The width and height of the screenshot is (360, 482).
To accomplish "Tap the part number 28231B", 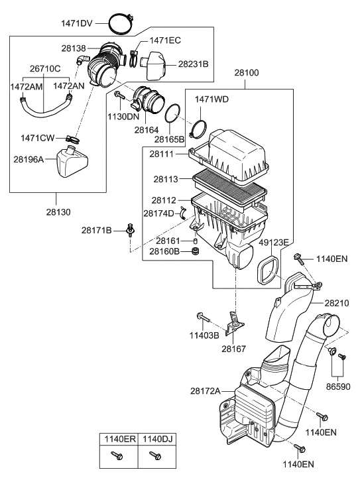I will (193, 64).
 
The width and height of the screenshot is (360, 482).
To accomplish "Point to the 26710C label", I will (44, 68).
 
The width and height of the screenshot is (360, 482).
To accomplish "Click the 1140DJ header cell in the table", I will (157, 439).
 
